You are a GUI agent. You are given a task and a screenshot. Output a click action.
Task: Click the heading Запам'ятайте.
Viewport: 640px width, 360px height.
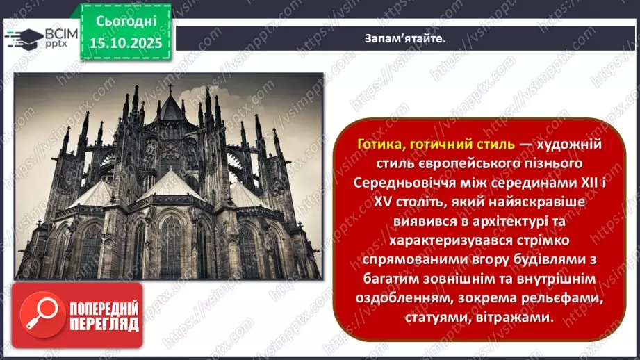405,38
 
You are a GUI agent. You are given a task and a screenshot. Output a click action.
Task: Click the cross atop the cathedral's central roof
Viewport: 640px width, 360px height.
170,88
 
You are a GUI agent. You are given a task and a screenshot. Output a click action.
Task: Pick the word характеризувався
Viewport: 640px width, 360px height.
427,241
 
